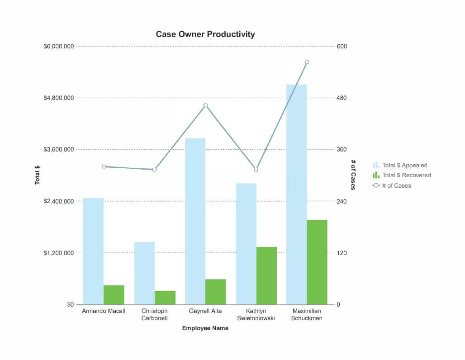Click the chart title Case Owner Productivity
(x=205, y=34)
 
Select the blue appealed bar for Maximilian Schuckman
(x=296, y=194)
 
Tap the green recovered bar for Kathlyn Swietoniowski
(x=266, y=275)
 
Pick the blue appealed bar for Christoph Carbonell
(x=144, y=273)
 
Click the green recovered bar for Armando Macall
(x=114, y=295)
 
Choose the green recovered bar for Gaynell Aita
(x=215, y=292)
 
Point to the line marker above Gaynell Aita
(x=205, y=105)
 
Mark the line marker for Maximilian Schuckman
(x=307, y=62)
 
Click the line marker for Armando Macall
(x=104, y=166)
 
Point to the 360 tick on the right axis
(x=342, y=150)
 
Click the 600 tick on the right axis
(x=342, y=47)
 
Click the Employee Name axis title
(x=205, y=328)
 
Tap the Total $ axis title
(x=38, y=175)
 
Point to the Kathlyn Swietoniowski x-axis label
(x=256, y=314)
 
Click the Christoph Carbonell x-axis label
(x=154, y=314)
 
